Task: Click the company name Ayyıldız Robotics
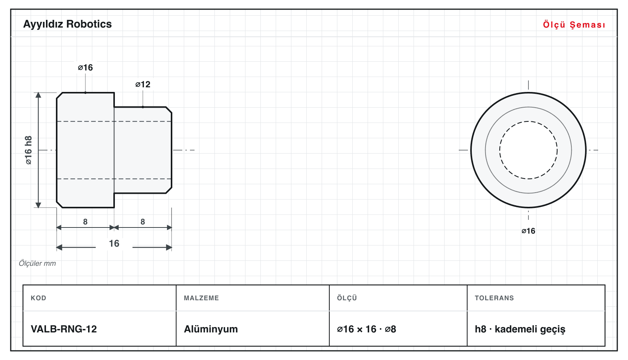point(67,24)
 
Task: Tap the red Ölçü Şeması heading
point(574,25)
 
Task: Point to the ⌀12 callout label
point(143,84)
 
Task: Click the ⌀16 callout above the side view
point(85,67)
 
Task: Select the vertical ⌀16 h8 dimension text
point(28,150)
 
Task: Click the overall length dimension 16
point(114,243)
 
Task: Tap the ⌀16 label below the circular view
point(528,231)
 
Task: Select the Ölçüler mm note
point(37,263)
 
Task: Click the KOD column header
point(38,298)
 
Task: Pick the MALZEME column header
point(201,298)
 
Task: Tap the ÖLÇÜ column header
point(347,298)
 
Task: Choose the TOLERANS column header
point(494,298)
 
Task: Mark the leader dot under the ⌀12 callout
point(143,107)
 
